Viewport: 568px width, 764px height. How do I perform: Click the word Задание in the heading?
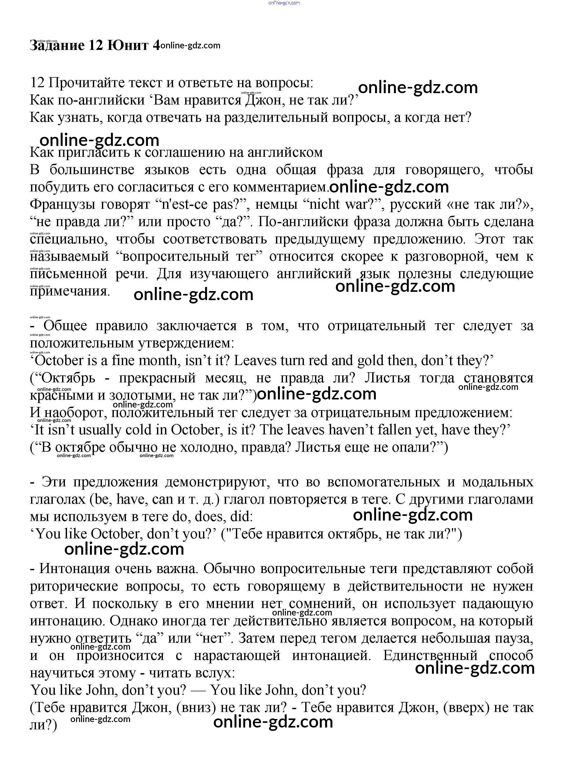coord(57,45)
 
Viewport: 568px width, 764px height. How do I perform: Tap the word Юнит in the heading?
coord(128,45)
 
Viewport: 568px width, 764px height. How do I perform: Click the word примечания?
coord(70,291)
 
